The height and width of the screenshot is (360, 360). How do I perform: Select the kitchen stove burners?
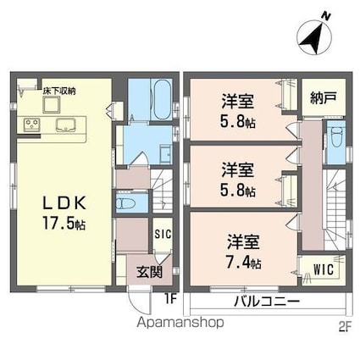tap(32, 125)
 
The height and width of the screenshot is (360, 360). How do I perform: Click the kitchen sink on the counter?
tap(64, 125)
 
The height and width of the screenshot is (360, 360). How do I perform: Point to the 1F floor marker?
tap(169, 297)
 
